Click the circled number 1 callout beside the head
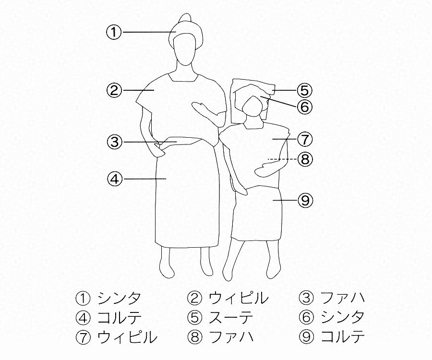tap(114, 32)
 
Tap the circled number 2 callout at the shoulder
tap(114, 90)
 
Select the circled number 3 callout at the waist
tap(114, 142)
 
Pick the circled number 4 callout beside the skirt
tap(114, 179)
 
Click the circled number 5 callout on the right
tap(305, 90)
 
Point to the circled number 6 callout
tap(305, 107)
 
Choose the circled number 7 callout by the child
tap(305, 139)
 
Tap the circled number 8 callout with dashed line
tap(305, 159)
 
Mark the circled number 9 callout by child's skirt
tap(305, 200)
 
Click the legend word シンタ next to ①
tap(119, 298)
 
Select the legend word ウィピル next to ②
tap(239, 298)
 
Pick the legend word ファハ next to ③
tap(342, 298)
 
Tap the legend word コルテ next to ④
tap(120, 318)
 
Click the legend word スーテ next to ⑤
tap(231, 318)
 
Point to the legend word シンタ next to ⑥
tap(342, 318)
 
